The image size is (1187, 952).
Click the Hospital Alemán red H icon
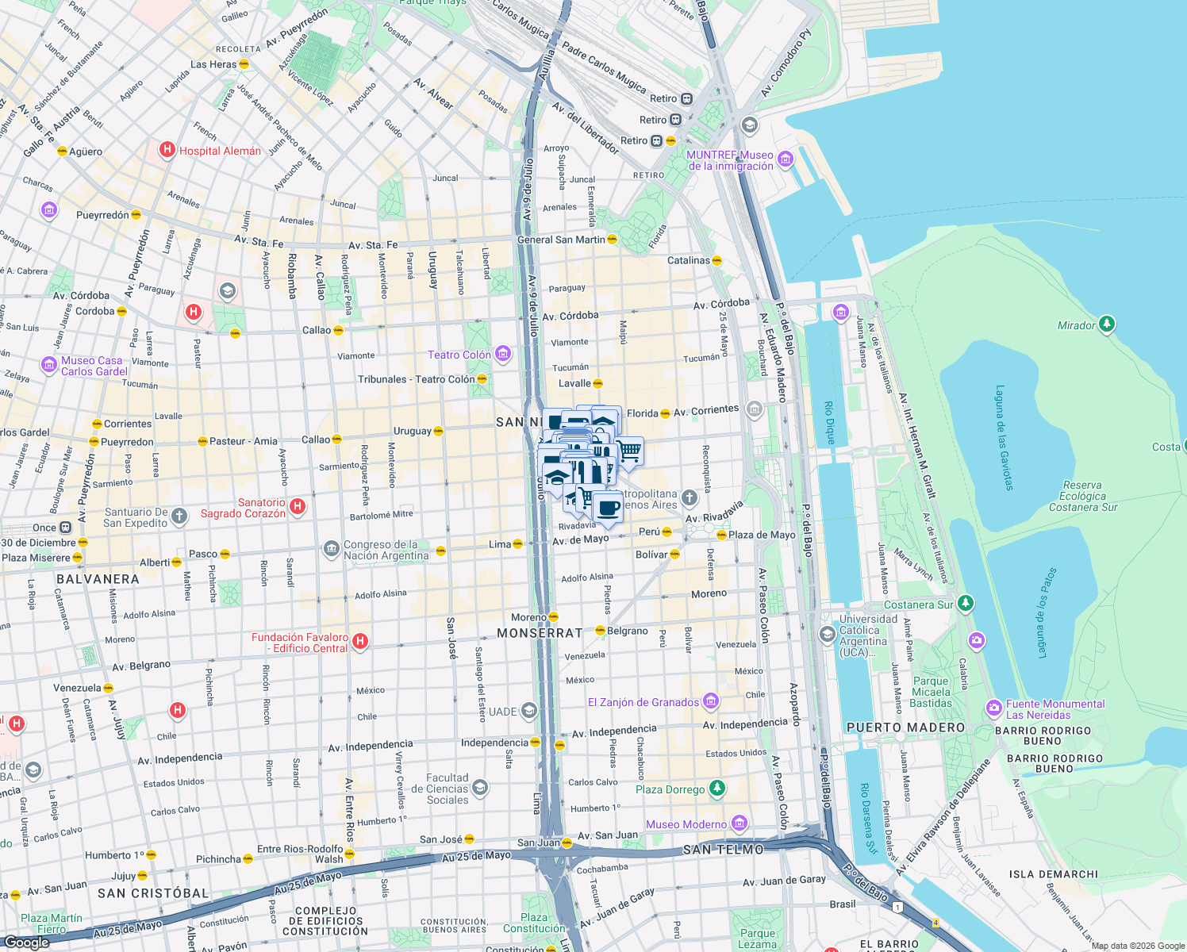click(x=167, y=149)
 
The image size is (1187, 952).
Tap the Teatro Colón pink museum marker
click(x=503, y=354)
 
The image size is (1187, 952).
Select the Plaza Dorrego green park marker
click(x=716, y=789)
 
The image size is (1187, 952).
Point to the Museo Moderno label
click(x=686, y=824)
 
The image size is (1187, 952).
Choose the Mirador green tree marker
click(x=1106, y=324)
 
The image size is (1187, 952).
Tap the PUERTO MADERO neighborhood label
click(x=905, y=727)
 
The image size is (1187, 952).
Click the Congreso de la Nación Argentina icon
click(x=331, y=549)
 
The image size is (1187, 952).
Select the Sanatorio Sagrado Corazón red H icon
click(x=298, y=506)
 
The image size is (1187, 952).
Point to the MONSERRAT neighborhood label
click(x=540, y=633)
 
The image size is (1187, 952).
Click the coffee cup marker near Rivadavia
click(x=608, y=508)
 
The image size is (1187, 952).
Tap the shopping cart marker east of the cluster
click(x=629, y=451)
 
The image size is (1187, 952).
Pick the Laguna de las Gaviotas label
click(x=1004, y=437)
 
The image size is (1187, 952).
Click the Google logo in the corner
click(x=26, y=942)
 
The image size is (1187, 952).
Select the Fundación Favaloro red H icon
click(x=360, y=641)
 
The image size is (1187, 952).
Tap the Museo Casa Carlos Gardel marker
click(x=49, y=365)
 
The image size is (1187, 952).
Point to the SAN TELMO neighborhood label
click(x=723, y=850)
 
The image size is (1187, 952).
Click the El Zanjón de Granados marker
click(x=711, y=701)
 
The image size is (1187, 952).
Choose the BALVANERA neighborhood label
click(x=98, y=579)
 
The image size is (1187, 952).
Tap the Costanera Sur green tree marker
click(x=965, y=604)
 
